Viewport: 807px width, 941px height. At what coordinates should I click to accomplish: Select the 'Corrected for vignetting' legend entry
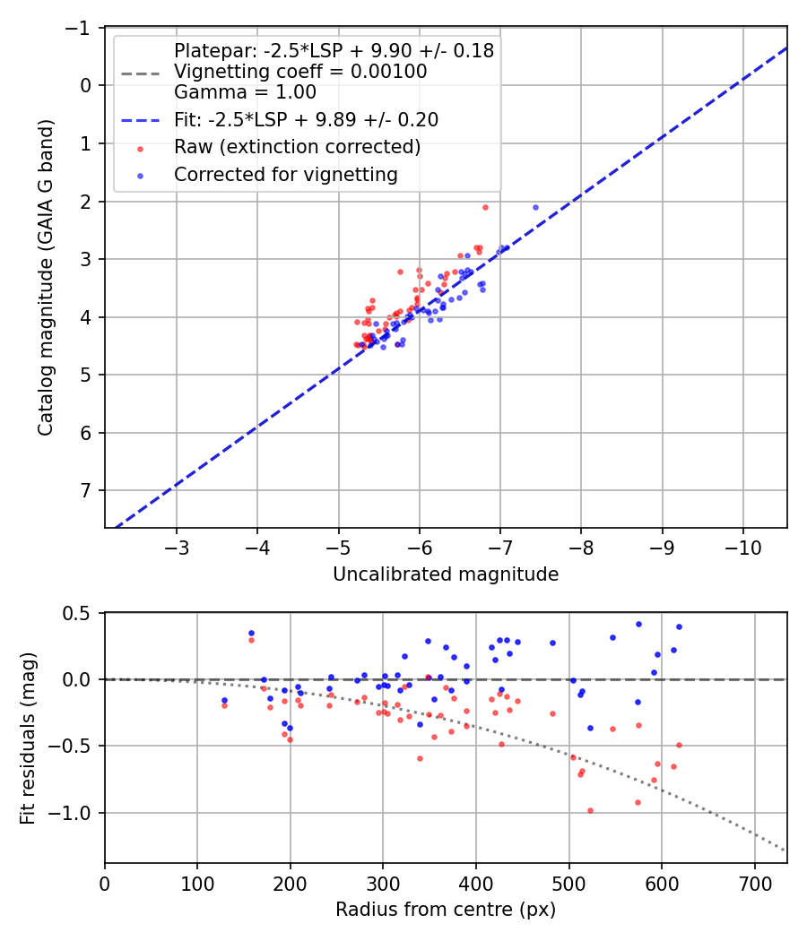coord(285,175)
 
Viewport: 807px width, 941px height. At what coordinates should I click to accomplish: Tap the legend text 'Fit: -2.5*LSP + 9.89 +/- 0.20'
coord(306,119)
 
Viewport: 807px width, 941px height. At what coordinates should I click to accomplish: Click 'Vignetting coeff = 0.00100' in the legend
coord(300,72)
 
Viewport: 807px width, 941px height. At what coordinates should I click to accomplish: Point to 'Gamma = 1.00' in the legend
coord(245,92)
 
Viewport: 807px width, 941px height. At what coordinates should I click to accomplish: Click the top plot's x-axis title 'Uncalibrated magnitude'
coord(446,574)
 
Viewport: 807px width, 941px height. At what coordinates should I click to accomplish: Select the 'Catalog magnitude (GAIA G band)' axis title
coord(46,277)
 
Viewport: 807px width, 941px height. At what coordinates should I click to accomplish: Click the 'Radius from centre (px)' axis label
coord(446,910)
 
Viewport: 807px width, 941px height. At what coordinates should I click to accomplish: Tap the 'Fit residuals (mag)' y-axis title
coord(28,737)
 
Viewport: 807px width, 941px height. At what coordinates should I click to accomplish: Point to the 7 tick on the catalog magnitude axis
coord(86,490)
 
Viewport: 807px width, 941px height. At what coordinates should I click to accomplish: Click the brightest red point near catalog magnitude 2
coord(485,207)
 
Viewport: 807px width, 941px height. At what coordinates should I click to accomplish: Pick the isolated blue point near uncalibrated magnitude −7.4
coord(535,207)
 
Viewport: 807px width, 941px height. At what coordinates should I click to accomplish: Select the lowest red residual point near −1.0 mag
coord(590,810)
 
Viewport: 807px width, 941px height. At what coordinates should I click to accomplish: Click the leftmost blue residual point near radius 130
coord(224,700)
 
